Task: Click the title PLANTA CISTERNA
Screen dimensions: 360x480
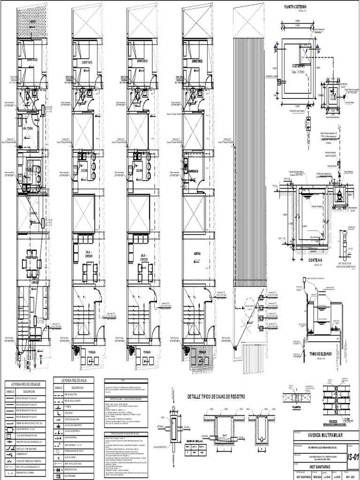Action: (x=295, y=7)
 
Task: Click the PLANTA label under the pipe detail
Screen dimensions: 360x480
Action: (x=296, y=407)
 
